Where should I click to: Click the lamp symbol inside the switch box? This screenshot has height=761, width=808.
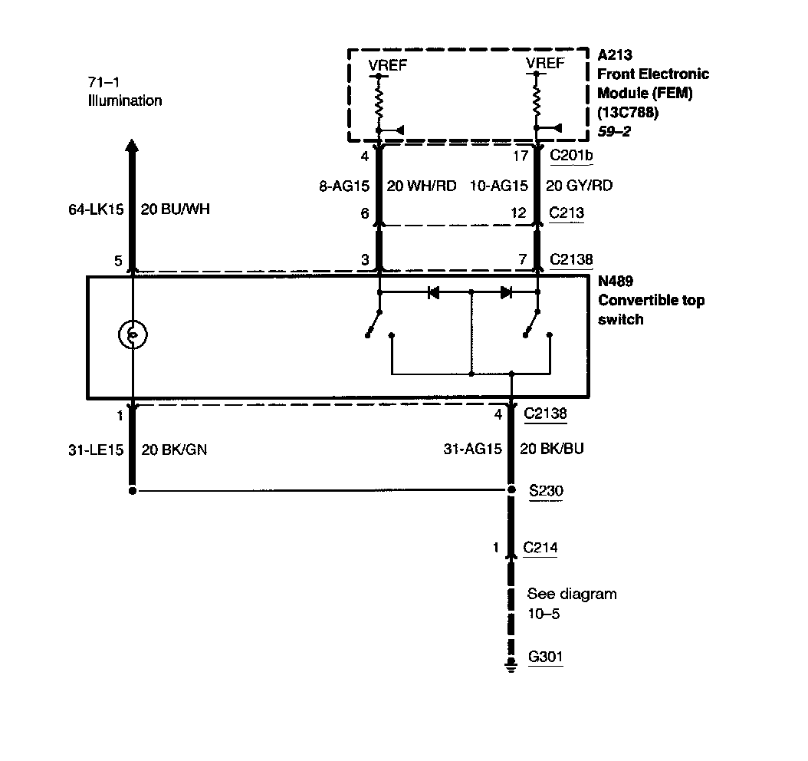133,334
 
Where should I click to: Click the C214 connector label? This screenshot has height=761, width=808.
540,548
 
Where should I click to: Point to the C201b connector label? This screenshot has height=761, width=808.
572,156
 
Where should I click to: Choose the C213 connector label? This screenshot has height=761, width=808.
567,212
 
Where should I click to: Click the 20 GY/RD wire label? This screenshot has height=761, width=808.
579,185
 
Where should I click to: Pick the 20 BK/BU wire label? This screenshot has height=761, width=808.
552,449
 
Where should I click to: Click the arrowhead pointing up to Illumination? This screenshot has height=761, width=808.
132,146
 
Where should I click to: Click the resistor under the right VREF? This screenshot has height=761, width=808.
537,97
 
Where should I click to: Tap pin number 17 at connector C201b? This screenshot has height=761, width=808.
521,156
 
